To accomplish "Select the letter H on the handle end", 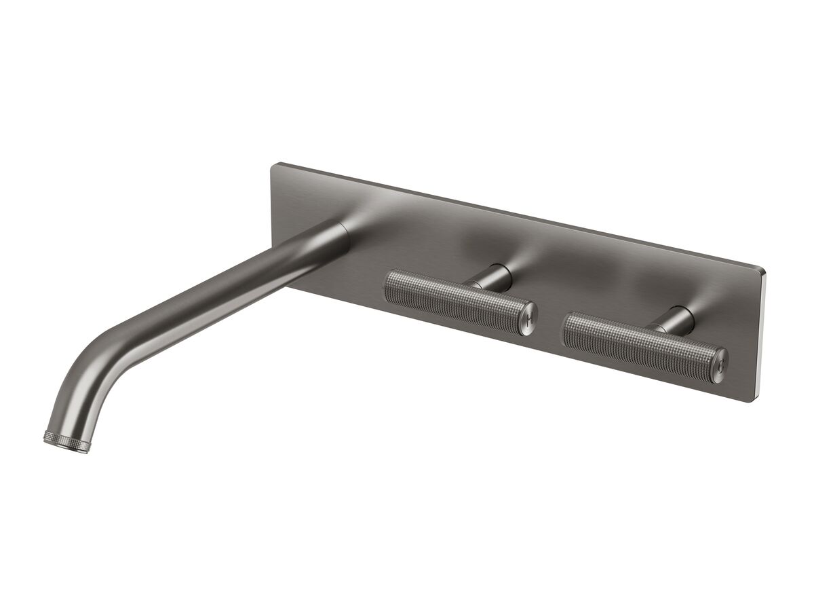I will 530,318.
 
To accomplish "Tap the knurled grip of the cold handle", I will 638,339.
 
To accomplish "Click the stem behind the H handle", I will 494,277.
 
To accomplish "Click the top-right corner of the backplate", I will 764,270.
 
